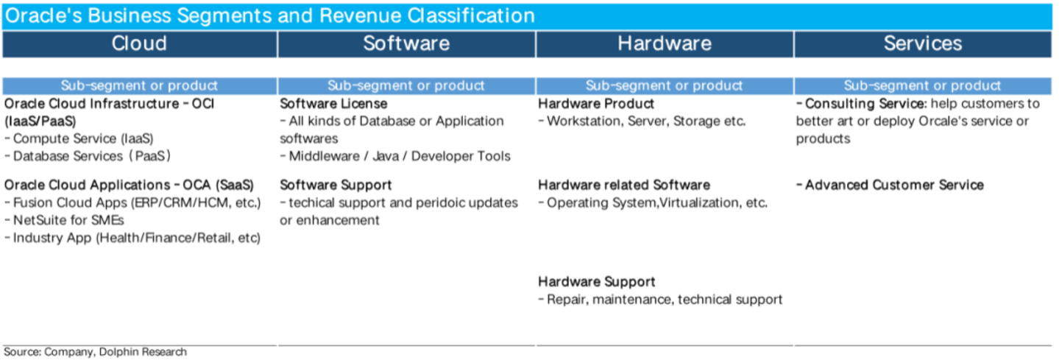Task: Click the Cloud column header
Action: pyautogui.click(x=140, y=43)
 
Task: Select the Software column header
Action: pyautogui.click(x=406, y=43)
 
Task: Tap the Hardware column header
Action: pyautogui.click(x=665, y=43)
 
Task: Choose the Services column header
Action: pyautogui.click(x=923, y=43)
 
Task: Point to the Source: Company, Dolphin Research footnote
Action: pyautogui.click(x=95, y=352)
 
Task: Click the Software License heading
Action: pyautogui.click(x=333, y=104)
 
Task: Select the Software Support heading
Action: pyautogui.click(x=336, y=185)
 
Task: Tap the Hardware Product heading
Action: pyautogui.click(x=595, y=104)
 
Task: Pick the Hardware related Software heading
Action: pyautogui.click(x=624, y=185)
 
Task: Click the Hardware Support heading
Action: pyautogui.click(x=597, y=282)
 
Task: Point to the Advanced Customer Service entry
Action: pyautogui.click(x=890, y=185)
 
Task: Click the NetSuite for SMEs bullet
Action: pyautogui.click(x=64, y=220)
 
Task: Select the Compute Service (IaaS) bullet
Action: pyautogui.click(x=79, y=138)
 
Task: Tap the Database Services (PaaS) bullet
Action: pyautogui.click(x=88, y=156)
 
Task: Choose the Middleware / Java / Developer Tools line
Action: pyautogui.click(x=395, y=156)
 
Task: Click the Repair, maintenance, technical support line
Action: pyautogui.click(x=660, y=300)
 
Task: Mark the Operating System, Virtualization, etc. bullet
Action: pyautogui.click(x=653, y=203)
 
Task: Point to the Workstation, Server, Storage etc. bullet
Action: pyautogui.click(x=642, y=121)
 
